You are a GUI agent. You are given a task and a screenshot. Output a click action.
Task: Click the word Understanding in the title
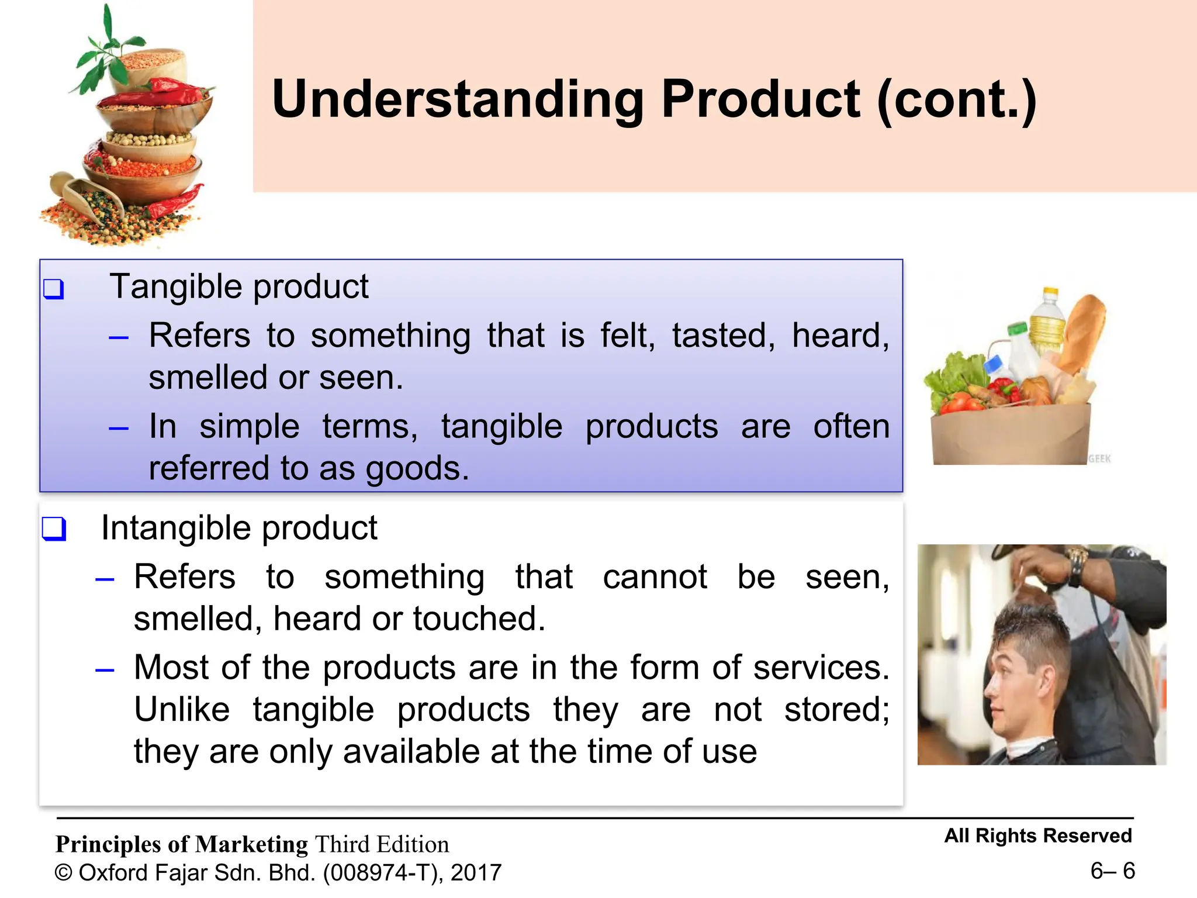pos(457,99)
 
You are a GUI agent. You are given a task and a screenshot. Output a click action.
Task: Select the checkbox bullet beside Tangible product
pos(54,289)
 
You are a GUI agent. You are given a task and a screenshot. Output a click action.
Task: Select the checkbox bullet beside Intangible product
pos(54,529)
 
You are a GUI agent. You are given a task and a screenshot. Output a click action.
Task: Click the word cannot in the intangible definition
pos(655,578)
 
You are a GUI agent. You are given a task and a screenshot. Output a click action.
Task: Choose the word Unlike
pos(182,710)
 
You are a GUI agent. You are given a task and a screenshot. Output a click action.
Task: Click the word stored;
pos(836,710)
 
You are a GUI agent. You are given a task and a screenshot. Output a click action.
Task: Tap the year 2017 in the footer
pos(476,873)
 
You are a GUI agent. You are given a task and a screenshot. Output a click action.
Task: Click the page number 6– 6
pos(1112,871)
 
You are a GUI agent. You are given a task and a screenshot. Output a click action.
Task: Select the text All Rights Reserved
pos(1037,836)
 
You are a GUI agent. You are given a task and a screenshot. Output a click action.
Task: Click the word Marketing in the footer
pos(251,845)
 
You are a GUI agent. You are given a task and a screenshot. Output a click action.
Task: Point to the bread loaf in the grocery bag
pos(1083,333)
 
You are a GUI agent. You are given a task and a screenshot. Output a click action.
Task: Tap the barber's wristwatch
pos(1076,564)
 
